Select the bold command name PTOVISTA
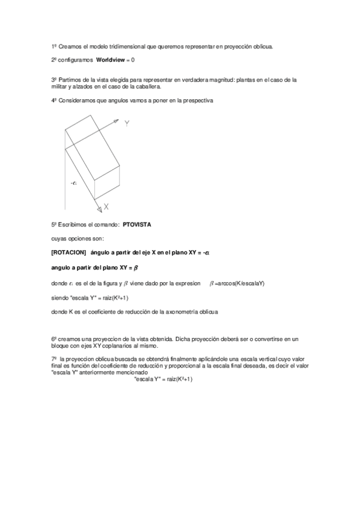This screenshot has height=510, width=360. [x=137, y=224]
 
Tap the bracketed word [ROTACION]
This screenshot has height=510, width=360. [x=69, y=253]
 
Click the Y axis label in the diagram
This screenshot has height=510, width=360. [x=127, y=124]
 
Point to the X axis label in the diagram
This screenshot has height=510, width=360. [x=105, y=207]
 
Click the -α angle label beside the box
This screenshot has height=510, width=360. [x=73, y=182]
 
